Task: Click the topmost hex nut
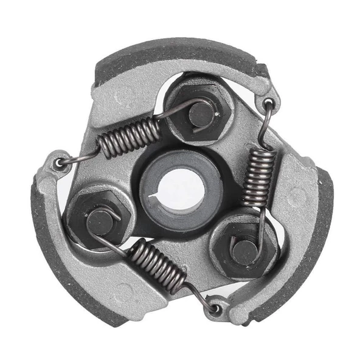(196, 111)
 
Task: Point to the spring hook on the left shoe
(59, 163)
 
